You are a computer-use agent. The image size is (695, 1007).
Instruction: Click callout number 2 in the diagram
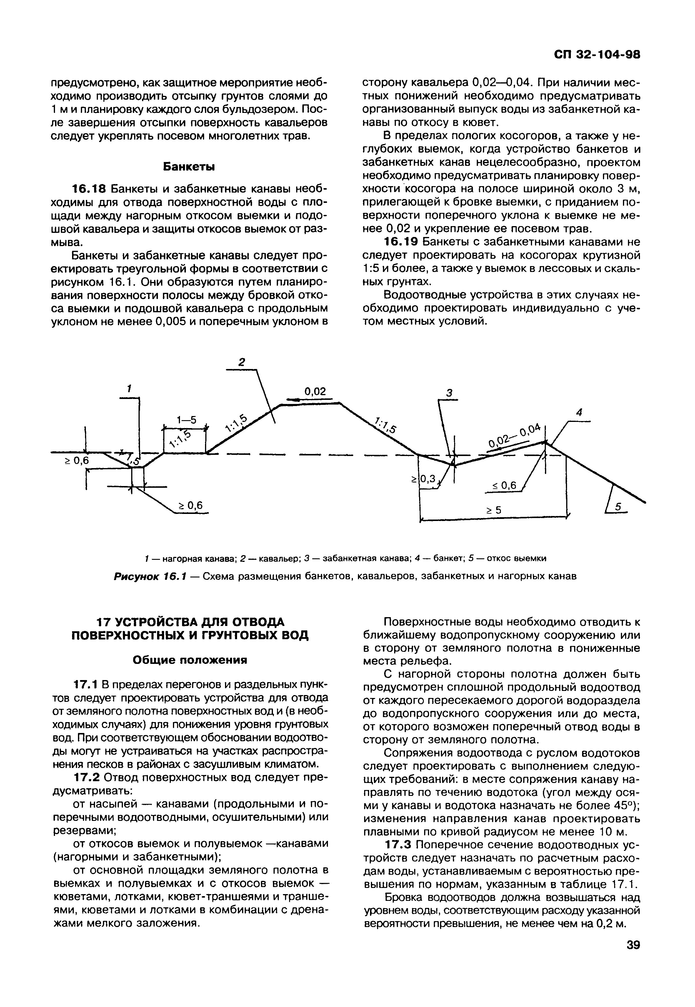(x=242, y=362)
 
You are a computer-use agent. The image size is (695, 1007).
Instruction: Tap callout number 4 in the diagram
(x=579, y=412)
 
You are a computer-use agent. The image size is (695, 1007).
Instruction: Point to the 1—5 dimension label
(x=186, y=420)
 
